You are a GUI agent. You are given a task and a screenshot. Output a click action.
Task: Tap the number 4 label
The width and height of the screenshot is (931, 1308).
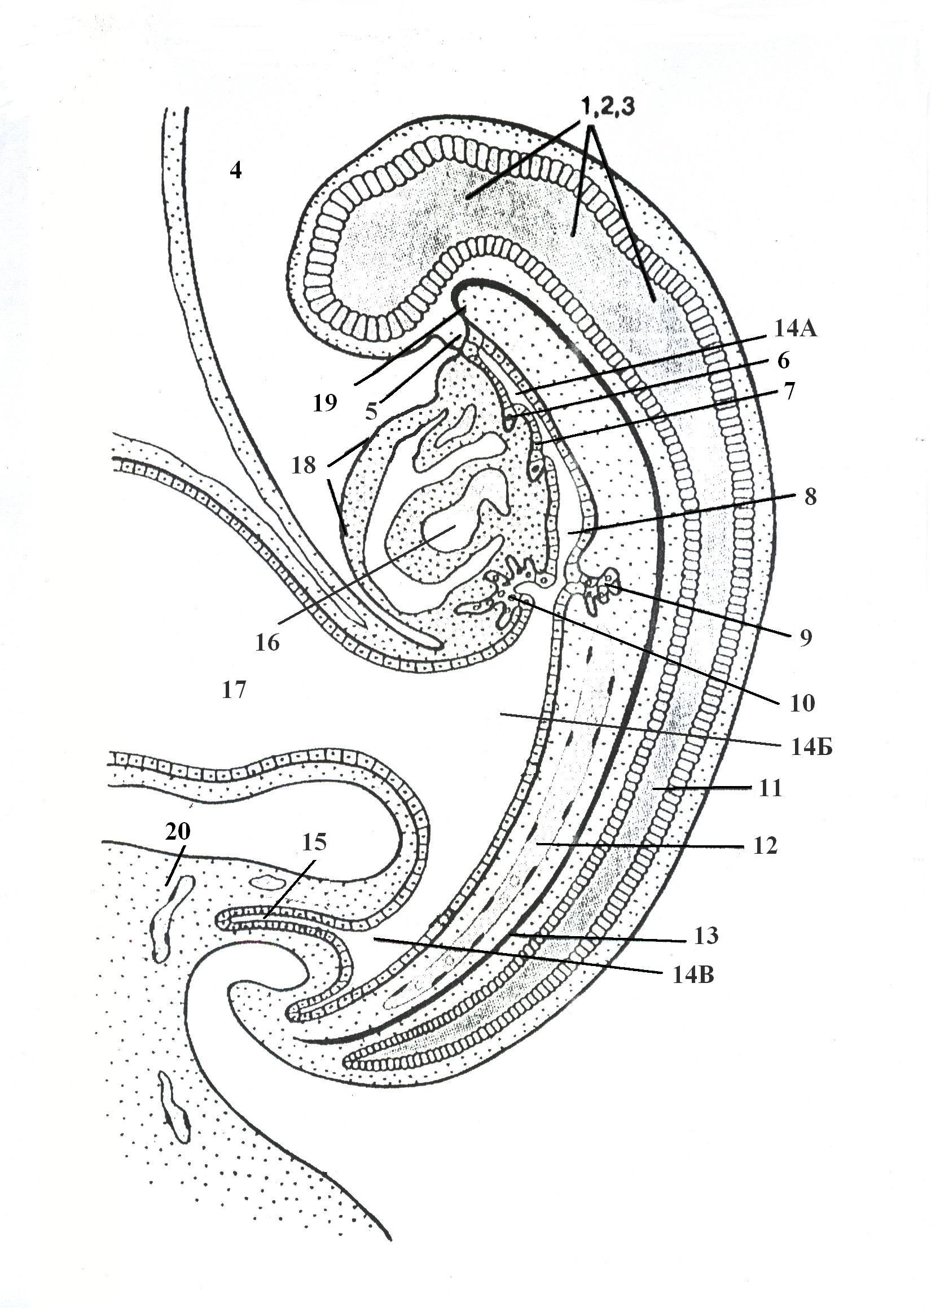click(x=236, y=170)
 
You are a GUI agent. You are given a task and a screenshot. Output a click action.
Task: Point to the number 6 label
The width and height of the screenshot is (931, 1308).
click(x=783, y=361)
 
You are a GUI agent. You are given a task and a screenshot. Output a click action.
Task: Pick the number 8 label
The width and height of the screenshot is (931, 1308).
click(x=810, y=497)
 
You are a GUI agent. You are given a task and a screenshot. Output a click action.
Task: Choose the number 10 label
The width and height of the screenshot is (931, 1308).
click(x=802, y=703)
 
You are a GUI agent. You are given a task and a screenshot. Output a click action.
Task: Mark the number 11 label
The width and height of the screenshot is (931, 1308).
click(x=770, y=789)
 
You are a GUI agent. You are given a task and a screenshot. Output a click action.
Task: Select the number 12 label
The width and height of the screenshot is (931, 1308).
click(x=765, y=845)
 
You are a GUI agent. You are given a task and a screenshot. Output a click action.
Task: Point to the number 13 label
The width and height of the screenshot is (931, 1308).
click(x=706, y=936)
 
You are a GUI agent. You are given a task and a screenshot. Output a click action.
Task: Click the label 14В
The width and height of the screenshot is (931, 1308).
click(x=693, y=975)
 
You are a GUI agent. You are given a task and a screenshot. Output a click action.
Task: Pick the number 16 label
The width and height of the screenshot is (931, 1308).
click(x=267, y=643)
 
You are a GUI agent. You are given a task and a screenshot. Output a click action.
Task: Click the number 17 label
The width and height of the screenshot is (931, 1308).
click(x=234, y=690)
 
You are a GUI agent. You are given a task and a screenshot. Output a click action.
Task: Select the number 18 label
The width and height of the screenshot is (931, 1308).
click(x=303, y=465)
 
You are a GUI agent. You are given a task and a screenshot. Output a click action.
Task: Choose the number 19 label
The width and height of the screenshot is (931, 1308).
click(x=325, y=404)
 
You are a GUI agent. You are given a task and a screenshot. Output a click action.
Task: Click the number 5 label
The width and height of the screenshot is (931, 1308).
click(x=371, y=410)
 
